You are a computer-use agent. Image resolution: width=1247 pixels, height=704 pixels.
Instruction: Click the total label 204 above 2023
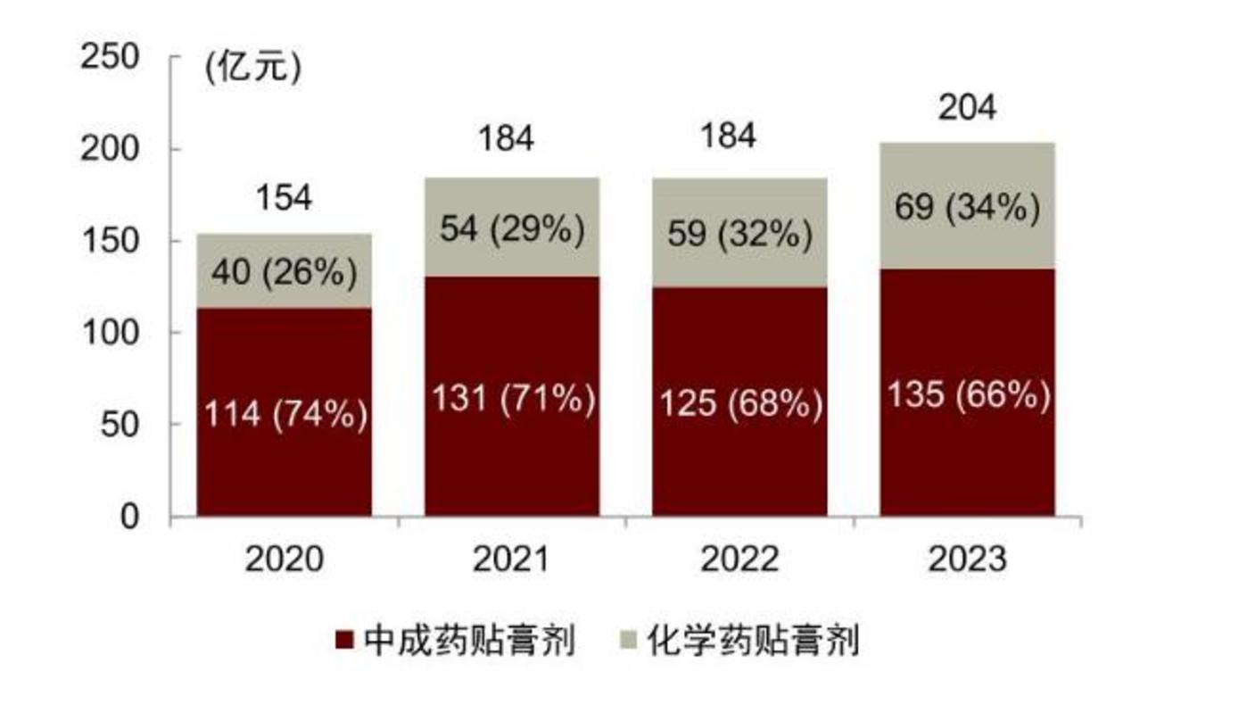(967, 108)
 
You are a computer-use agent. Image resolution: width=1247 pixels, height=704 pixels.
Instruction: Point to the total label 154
(285, 198)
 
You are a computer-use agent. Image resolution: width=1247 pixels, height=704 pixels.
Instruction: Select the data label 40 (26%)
(285, 273)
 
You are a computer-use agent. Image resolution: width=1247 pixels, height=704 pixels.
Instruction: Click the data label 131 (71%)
(513, 399)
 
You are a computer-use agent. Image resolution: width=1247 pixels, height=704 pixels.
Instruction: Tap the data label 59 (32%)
(739, 235)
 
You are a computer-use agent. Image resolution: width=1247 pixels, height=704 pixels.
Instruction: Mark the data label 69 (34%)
(968, 208)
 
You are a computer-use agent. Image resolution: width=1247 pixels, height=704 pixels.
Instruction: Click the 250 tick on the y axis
(111, 57)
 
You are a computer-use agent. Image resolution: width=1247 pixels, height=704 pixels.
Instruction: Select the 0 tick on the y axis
(130, 518)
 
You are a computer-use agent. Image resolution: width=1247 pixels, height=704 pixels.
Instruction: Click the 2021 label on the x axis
(512, 560)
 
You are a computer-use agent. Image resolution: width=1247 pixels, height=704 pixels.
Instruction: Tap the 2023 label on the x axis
(967, 560)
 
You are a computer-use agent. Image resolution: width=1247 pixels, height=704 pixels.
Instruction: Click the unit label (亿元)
(253, 68)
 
